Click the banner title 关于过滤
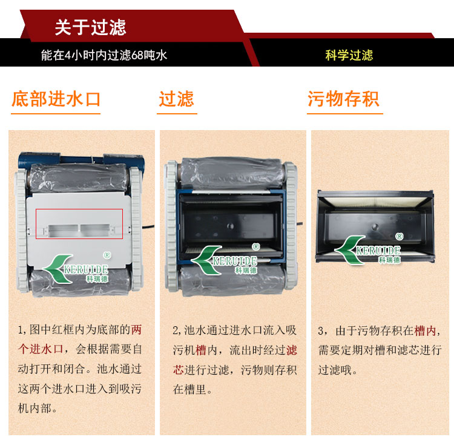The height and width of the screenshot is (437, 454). click(90, 27)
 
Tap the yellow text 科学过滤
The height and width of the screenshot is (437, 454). click(349, 55)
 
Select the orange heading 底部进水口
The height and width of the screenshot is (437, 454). click(56, 99)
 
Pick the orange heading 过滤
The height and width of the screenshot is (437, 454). click(176, 99)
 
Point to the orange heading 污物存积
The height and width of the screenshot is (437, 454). click(343, 99)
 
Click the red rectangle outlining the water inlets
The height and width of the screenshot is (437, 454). click(79, 209)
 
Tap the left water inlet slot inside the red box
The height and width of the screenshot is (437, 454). click(64, 230)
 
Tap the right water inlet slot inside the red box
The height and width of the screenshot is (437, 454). click(95, 230)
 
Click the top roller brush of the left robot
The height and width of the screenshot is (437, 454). click(78, 177)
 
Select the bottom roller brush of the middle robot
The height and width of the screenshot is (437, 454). click(232, 281)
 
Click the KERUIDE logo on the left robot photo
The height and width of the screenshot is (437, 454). click(76, 269)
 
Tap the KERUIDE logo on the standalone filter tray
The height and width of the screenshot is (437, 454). click(367, 249)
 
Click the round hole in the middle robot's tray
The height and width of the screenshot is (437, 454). click(230, 226)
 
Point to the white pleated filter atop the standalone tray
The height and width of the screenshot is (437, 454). click(375, 202)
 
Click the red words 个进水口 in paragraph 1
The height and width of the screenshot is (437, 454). click(41, 349)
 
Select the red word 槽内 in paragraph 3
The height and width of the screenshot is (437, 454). click(425, 330)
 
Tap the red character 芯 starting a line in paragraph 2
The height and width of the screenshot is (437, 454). click(179, 370)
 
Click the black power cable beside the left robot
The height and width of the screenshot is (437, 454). click(148, 227)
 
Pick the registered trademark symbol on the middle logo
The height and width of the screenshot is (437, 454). click(255, 247)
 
